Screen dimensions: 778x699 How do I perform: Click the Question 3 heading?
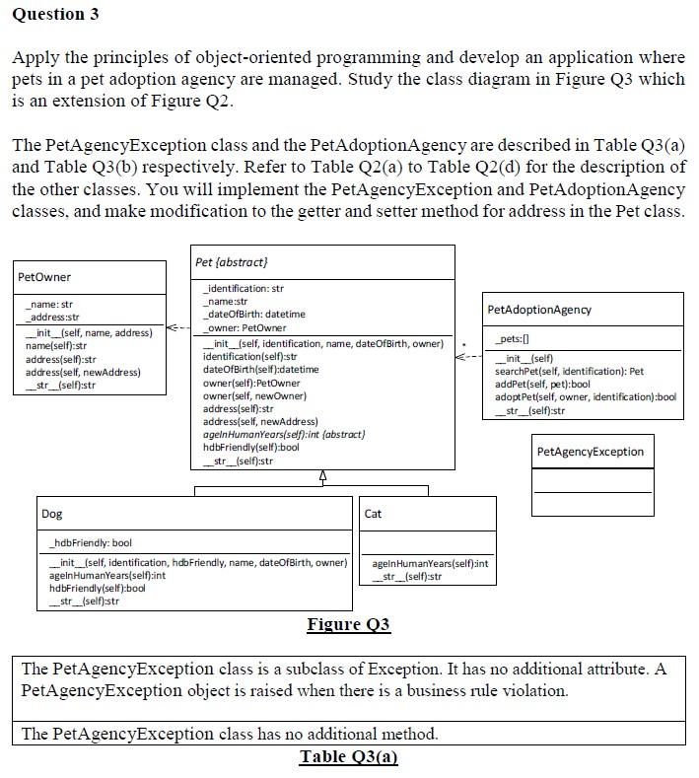[55, 15]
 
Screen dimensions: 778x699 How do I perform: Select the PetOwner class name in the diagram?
[44, 277]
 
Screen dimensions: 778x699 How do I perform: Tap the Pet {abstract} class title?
[232, 261]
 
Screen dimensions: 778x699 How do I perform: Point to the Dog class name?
[51, 514]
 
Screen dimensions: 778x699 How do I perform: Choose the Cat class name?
[373, 514]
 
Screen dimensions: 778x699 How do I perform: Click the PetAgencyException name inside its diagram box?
[591, 452]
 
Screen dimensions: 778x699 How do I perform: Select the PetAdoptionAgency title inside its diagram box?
[539, 310]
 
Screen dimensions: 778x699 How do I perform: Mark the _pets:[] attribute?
[511, 338]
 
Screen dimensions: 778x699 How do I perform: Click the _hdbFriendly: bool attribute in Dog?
[91, 543]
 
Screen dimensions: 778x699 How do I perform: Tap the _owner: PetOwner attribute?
[245, 327]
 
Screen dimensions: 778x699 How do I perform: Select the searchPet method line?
[569, 371]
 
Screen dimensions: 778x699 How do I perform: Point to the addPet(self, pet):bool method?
[543, 384]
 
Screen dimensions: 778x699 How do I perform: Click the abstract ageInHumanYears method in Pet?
[283, 434]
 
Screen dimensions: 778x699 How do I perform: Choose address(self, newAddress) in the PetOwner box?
[83, 372]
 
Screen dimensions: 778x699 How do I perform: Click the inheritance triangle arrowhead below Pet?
[323, 478]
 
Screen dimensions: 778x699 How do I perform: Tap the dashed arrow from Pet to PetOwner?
[178, 327]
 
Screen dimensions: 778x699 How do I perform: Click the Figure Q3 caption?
[348, 624]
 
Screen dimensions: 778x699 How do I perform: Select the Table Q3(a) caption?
[348, 756]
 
